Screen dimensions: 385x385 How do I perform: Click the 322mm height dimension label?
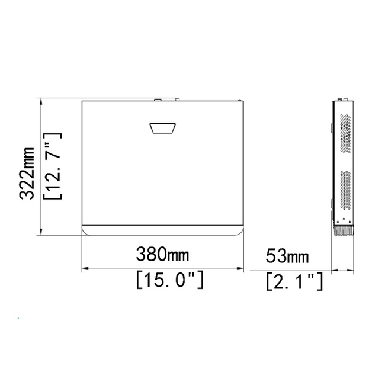pos(27,174)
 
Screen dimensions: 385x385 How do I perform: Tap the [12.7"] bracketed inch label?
pos(52,166)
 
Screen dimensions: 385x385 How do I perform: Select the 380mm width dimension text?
pos(162,254)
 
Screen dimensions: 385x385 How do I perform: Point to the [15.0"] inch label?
pos(170,280)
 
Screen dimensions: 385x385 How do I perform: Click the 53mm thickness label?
pos(287,256)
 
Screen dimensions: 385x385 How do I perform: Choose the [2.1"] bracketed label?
pos(294,281)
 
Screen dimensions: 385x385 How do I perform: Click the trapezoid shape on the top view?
pos(163,128)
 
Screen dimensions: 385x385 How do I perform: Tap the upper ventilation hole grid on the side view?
pos(345,133)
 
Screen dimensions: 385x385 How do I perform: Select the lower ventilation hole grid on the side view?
pos(345,191)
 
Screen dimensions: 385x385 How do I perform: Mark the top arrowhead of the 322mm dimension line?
pos(41,101)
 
